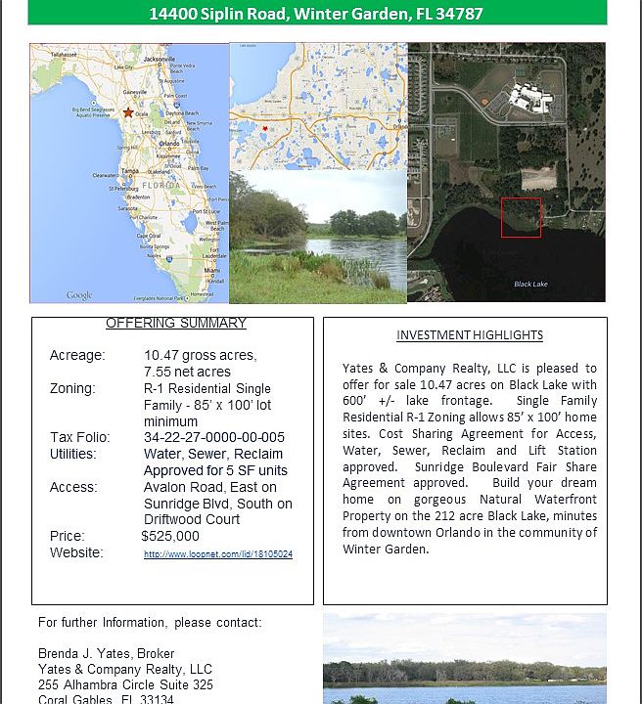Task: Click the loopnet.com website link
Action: [218, 554]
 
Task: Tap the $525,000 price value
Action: [170, 536]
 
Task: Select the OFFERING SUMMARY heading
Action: [176, 324]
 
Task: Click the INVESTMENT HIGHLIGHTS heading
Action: [470, 335]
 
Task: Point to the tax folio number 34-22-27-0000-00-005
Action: [214, 437]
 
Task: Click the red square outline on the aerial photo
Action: [521, 217]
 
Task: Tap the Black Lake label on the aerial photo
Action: [531, 285]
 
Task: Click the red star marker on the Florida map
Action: [129, 112]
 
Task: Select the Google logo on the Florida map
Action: [79, 295]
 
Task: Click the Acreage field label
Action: [77, 355]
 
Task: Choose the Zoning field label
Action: [72, 388]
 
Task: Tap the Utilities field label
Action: [73, 454]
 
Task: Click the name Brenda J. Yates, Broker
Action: [106, 653]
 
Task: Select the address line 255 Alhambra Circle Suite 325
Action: [125, 684]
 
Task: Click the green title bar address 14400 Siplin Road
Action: [316, 14]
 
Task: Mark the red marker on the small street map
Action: [264, 127]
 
